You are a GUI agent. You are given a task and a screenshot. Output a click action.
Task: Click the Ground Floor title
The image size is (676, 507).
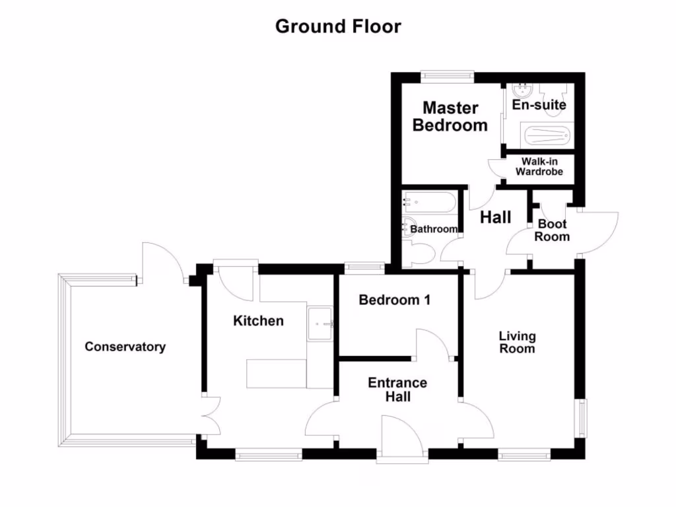[338, 26]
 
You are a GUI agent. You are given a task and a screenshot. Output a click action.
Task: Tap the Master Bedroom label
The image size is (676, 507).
[450, 116]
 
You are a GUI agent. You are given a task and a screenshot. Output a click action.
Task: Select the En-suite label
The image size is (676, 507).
[539, 105]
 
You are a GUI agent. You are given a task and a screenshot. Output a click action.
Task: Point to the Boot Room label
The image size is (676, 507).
[552, 230]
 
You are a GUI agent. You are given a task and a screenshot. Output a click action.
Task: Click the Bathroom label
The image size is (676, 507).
[434, 229]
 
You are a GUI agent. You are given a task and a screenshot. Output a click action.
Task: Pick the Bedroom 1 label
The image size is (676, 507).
[395, 300]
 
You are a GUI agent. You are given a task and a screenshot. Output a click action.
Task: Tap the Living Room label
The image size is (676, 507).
[517, 341]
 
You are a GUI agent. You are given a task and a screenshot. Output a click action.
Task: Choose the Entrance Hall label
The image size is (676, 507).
[397, 389]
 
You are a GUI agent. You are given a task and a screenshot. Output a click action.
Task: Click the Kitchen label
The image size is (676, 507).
[259, 321]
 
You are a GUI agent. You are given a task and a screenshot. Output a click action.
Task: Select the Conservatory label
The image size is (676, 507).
[125, 347]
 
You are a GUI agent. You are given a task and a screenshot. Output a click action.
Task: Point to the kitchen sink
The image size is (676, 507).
[321, 323]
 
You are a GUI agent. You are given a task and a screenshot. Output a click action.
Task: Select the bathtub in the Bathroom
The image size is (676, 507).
[429, 201]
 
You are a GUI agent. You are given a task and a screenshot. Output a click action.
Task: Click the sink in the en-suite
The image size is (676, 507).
[522, 90]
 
